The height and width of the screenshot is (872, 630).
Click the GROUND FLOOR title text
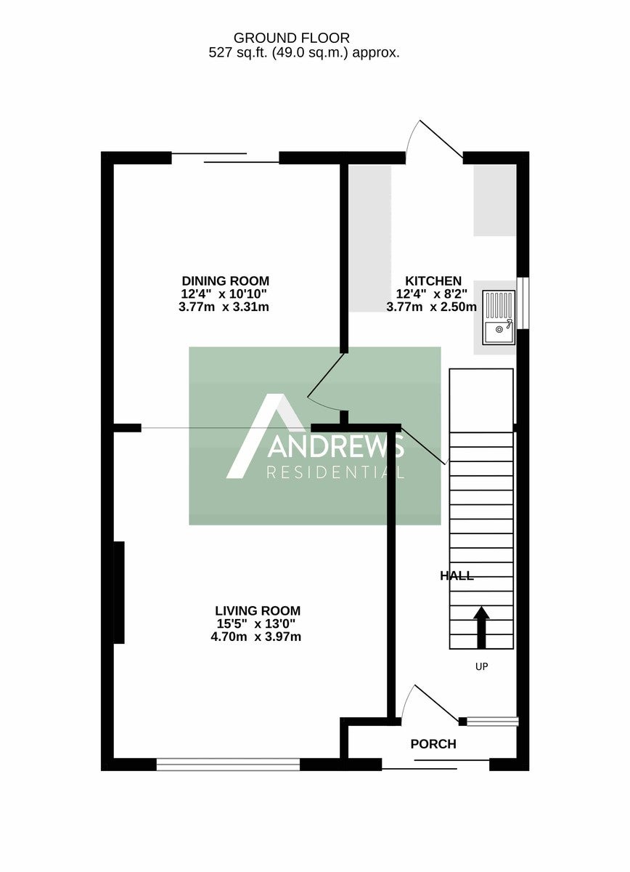tap(291, 38)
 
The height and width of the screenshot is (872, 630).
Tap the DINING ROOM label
tap(226, 281)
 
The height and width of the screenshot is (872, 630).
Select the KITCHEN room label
tap(433, 281)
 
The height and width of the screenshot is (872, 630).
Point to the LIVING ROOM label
tap(258, 610)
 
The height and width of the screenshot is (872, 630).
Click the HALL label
tap(457, 576)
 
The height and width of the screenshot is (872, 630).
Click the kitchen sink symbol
tap(499, 318)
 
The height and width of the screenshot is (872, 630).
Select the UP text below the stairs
tap(481, 667)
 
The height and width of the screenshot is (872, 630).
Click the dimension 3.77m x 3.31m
tap(224, 307)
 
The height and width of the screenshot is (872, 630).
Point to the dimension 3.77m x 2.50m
tap(431, 307)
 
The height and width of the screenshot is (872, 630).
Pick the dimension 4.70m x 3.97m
tap(256, 637)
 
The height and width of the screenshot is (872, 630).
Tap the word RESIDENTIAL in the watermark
tap(335, 472)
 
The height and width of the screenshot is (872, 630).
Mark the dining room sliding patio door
tap(226, 158)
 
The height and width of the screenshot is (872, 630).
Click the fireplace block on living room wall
tap(119, 592)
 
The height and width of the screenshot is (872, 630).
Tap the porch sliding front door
tap(435, 764)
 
